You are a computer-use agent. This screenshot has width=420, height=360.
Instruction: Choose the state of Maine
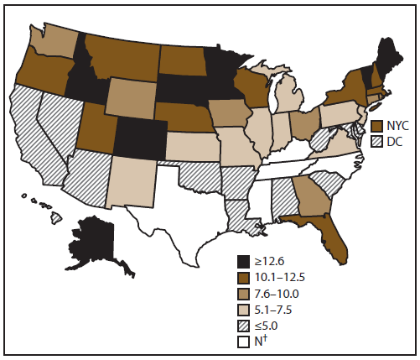(x=386, y=60)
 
